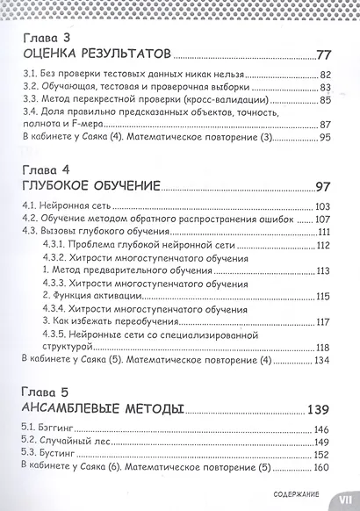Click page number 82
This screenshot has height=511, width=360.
pyautogui.click(x=325, y=76)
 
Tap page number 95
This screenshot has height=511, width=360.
pyautogui.click(x=325, y=137)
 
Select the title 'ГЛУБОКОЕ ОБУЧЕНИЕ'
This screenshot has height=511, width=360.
pyautogui.click(x=90, y=187)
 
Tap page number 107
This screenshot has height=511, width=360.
pyautogui.click(x=322, y=218)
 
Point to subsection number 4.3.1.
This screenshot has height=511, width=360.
pyautogui.click(x=54, y=244)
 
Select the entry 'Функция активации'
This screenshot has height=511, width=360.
pyautogui.click(x=91, y=295)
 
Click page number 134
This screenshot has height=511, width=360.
pyautogui.click(x=322, y=360)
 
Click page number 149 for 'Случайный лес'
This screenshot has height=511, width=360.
pyautogui.click(x=322, y=443)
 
